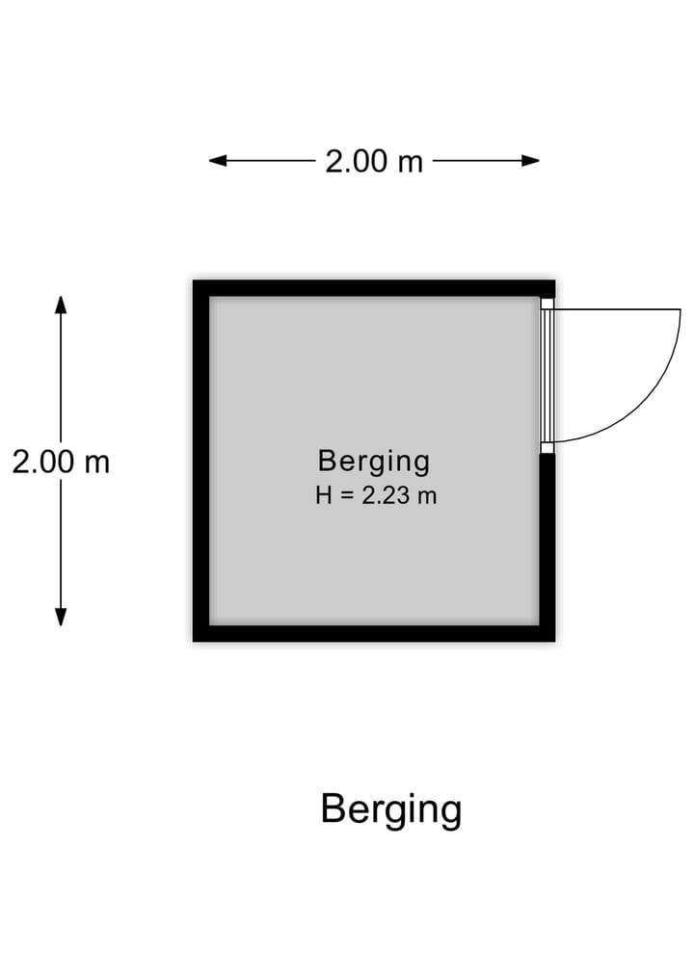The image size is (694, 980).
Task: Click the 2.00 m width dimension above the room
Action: tap(374, 161)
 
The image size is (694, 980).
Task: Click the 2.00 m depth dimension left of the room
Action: tap(61, 463)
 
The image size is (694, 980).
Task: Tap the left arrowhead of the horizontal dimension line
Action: tap(218, 161)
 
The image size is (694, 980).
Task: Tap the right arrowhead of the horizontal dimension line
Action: tap(531, 161)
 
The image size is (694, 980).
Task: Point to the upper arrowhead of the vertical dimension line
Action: tap(61, 305)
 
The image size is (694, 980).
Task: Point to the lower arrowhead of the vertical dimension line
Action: tap(61, 617)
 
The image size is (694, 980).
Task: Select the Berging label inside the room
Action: tap(374, 463)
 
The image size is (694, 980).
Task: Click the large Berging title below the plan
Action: tap(391, 810)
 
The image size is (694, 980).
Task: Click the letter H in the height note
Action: tap(323, 495)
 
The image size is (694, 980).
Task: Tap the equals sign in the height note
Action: tap(346, 496)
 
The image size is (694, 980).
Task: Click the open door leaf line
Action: tap(617, 309)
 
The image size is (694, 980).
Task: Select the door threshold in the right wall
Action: tap(547, 376)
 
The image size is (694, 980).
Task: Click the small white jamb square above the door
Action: tap(547, 304)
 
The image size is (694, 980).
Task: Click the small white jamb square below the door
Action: tap(547, 447)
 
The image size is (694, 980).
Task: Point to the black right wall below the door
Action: tap(547, 547)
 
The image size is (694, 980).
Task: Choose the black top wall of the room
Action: tap(374, 288)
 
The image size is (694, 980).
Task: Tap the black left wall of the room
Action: tap(200, 461)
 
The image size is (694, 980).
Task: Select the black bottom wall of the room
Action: tap(374, 633)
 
